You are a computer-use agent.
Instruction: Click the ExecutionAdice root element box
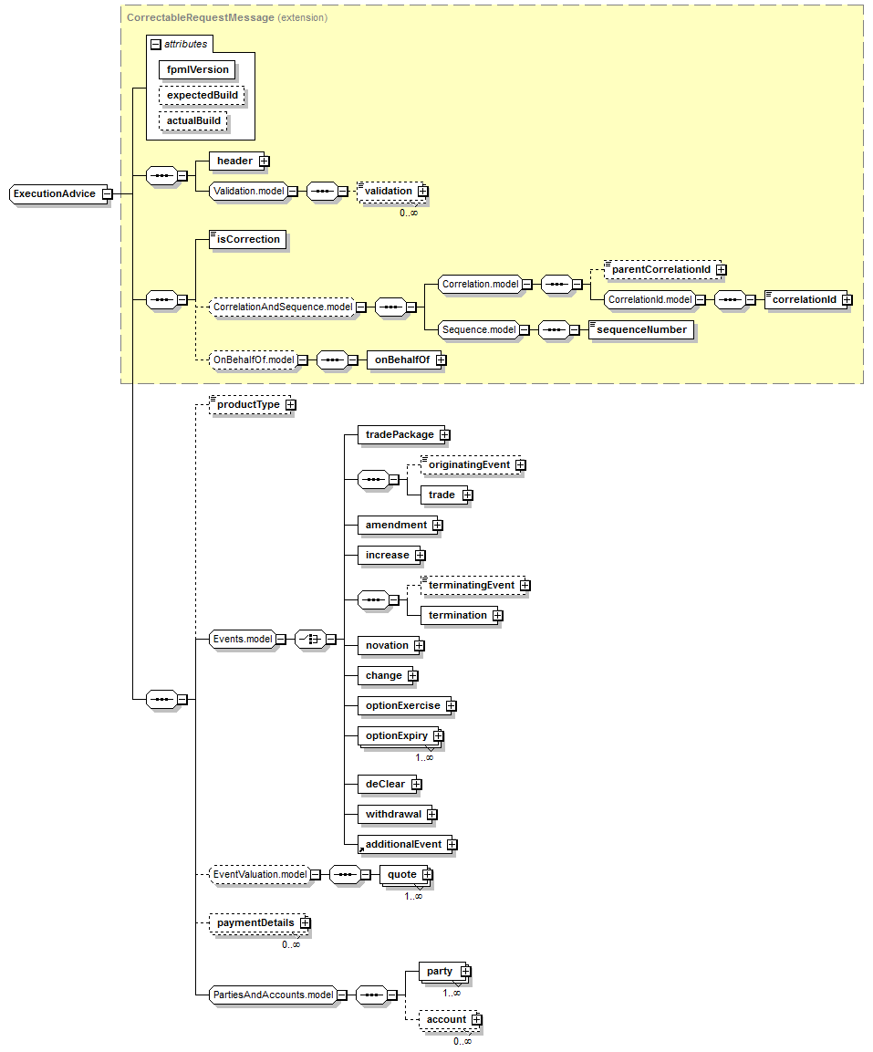(x=55, y=193)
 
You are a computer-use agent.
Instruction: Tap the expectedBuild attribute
(x=203, y=95)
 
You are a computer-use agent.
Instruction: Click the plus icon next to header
(x=264, y=161)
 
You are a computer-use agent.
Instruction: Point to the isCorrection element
(x=248, y=239)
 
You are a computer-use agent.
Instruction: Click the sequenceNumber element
(x=640, y=329)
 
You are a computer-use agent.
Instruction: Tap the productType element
(x=247, y=404)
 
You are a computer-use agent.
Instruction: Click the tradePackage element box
(x=400, y=434)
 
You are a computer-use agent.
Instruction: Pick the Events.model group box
(x=243, y=639)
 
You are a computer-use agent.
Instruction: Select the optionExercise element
(x=402, y=705)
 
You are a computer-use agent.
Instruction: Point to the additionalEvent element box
(x=403, y=844)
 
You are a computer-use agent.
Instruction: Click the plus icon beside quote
(x=426, y=875)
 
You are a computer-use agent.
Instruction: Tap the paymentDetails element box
(x=255, y=922)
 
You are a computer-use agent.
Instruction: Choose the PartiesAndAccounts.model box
(x=272, y=995)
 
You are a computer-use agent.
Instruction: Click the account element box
(x=446, y=1019)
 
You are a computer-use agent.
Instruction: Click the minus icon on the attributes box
(x=156, y=44)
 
